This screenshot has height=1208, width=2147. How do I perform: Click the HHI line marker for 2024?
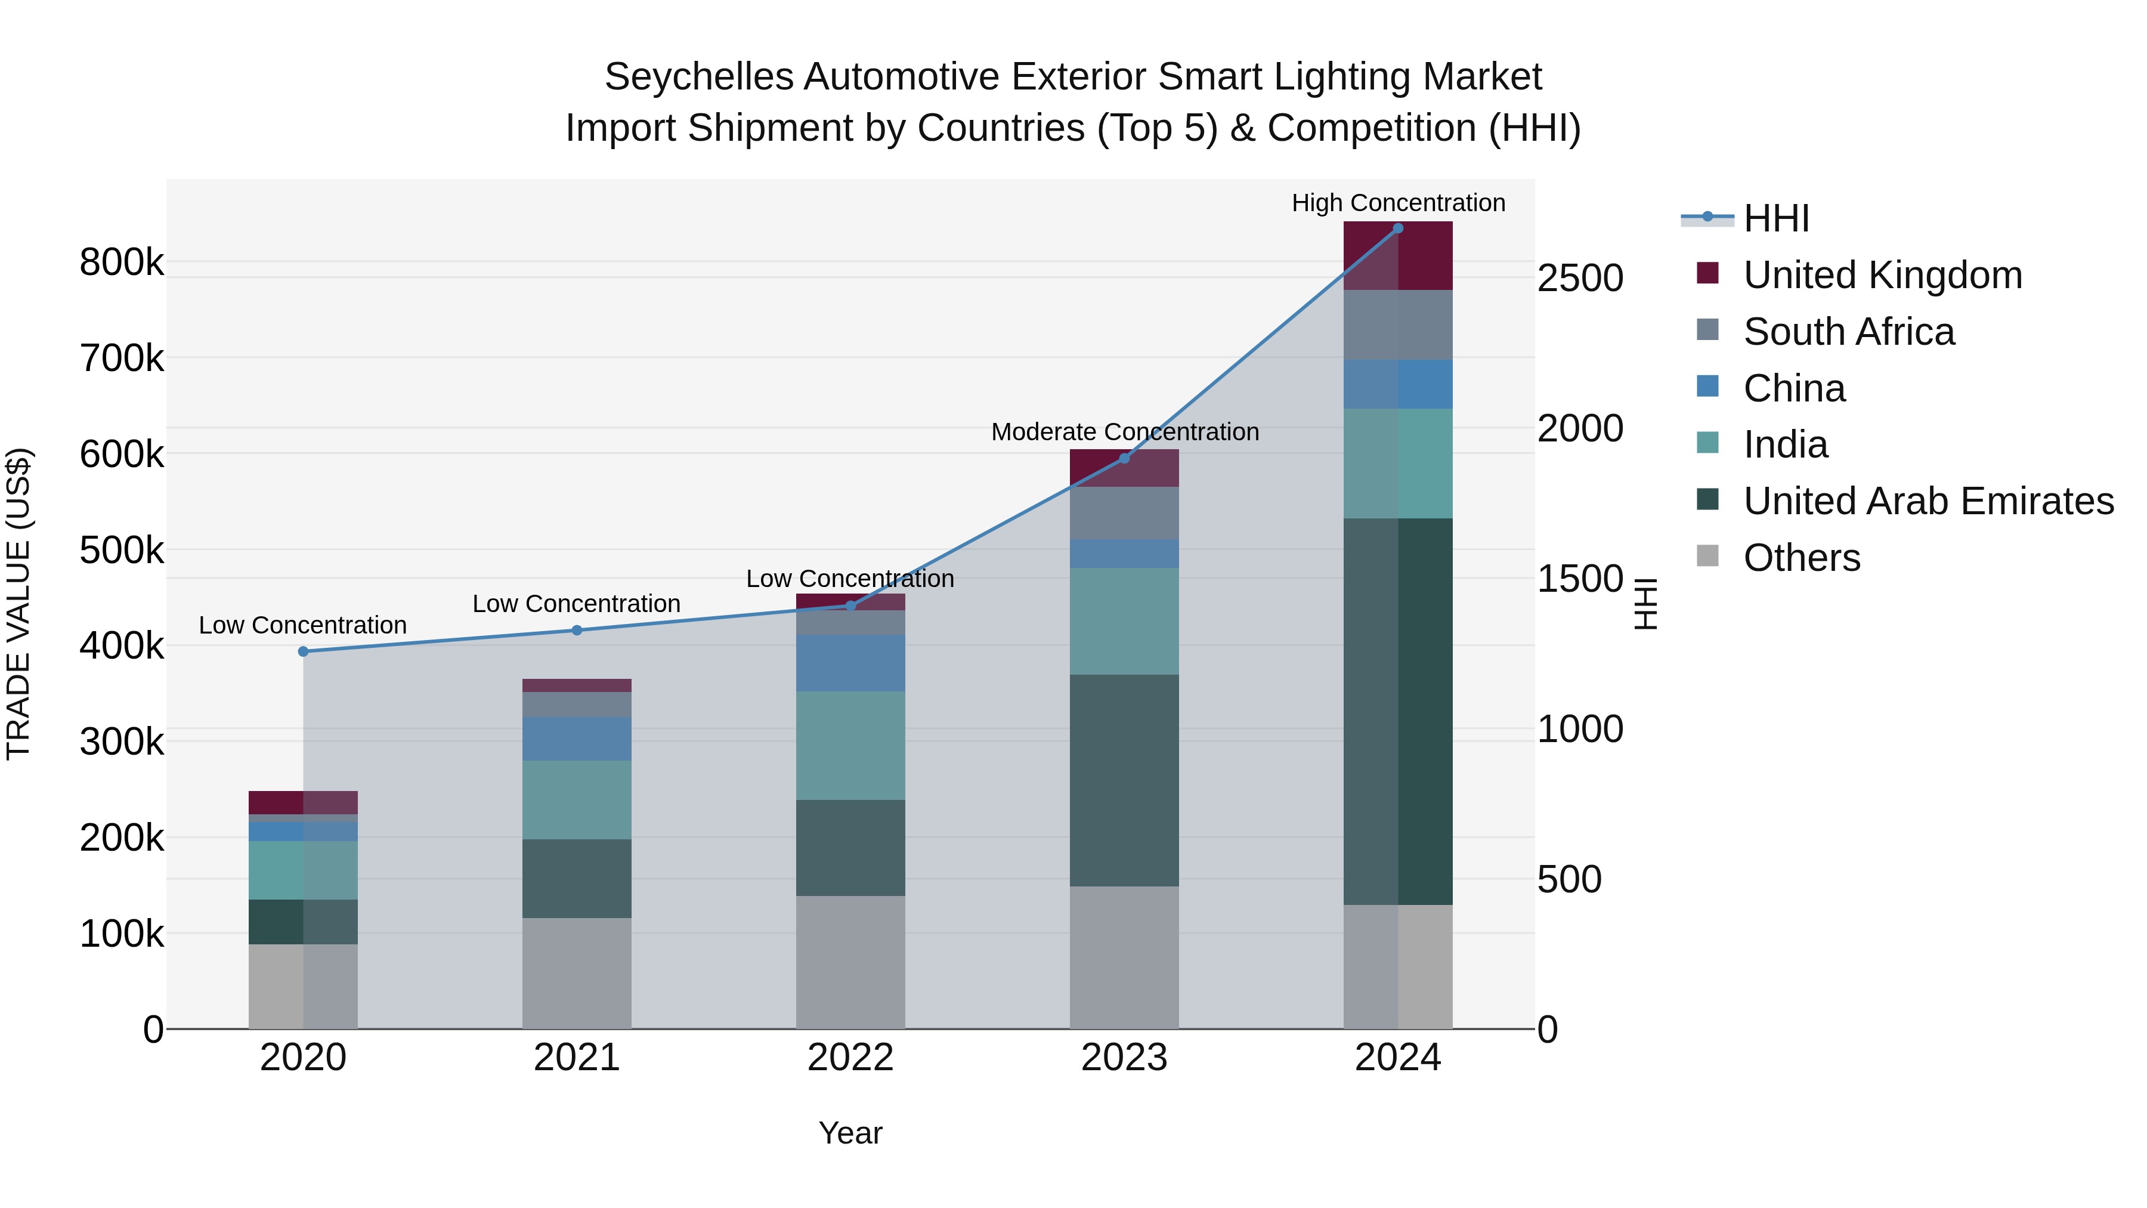tap(1398, 228)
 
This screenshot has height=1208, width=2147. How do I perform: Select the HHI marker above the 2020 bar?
tap(304, 651)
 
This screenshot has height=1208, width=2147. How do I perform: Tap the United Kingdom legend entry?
tap(1882, 275)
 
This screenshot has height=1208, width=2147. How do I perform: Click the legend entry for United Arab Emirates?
tap(1928, 501)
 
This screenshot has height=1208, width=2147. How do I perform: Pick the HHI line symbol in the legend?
tap(1707, 218)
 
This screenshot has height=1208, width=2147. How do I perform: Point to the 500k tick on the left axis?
tap(122, 550)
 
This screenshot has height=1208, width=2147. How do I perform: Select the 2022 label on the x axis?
tap(850, 1057)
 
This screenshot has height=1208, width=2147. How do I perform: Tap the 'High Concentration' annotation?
tap(1398, 203)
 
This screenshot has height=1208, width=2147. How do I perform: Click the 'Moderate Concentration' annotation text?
tap(1124, 432)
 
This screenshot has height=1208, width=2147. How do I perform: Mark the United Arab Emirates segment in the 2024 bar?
tap(1398, 711)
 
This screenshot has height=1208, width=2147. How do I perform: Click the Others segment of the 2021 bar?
tap(577, 973)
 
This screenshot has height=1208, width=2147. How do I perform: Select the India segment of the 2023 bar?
tap(1124, 621)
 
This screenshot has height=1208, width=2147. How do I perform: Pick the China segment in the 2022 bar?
tap(850, 663)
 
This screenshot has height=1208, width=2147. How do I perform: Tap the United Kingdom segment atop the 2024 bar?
tap(1398, 255)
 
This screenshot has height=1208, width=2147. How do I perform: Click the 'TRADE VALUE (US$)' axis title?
tap(18, 604)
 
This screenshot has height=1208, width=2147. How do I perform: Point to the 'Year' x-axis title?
tap(850, 1133)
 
